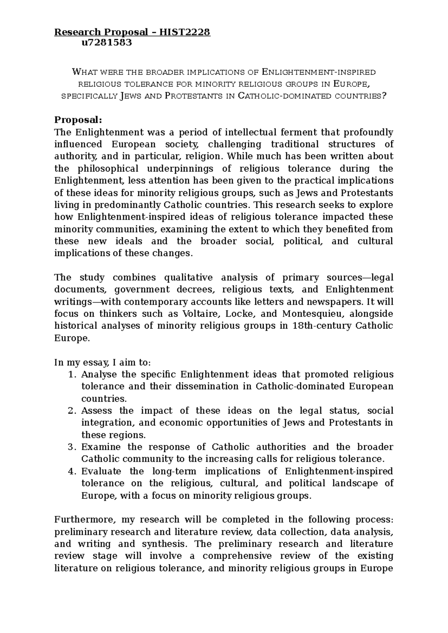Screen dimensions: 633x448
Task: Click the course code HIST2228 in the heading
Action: point(185,32)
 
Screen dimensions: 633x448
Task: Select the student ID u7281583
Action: point(107,43)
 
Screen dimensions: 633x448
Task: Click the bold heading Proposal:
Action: point(78,120)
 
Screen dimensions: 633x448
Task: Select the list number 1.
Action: point(72,374)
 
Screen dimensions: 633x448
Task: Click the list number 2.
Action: point(72,411)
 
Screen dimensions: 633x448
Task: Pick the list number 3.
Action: point(72,447)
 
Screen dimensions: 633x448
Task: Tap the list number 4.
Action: point(72,471)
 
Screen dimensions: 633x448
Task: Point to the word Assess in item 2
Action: point(96,411)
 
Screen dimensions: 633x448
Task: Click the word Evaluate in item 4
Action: point(101,471)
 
